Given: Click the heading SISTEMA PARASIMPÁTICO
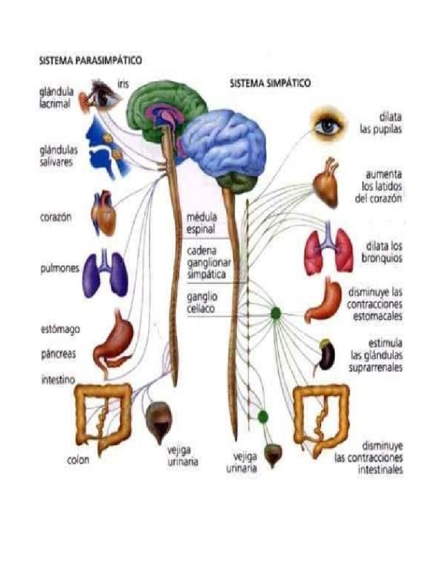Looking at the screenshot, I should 89,59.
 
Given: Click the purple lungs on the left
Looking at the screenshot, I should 106,273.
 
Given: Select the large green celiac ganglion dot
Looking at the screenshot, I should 275,314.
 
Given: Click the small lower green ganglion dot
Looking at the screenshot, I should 263,416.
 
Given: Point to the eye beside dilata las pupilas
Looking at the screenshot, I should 328,126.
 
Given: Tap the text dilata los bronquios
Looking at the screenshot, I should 384,252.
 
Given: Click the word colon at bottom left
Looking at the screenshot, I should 78,461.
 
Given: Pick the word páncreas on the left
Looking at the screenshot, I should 58,353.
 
